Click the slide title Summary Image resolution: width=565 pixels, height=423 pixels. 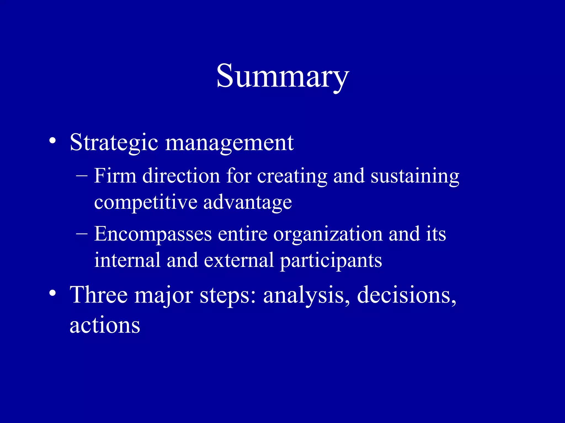tap(282, 76)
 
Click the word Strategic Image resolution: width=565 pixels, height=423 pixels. tap(114, 143)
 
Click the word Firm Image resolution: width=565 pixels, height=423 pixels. tap(115, 175)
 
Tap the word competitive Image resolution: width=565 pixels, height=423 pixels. tap(146, 203)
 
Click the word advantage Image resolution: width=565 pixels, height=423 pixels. tap(247, 203)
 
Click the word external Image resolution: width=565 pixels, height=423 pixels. tap(239, 260)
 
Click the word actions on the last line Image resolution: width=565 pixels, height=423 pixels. tap(105, 325)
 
